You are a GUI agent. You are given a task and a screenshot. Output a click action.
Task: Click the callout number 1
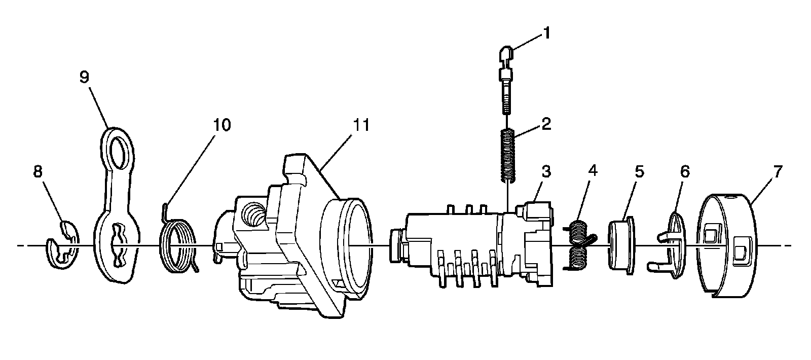click(x=546, y=33)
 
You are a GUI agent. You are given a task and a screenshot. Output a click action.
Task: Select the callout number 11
click(x=361, y=125)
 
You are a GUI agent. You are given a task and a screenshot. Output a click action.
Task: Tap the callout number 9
click(x=84, y=77)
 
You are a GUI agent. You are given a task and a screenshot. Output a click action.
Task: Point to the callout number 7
click(x=778, y=171)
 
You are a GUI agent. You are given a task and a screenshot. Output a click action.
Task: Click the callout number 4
click(x=592, y=171)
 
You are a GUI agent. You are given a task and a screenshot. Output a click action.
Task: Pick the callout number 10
click(x=221, y=125)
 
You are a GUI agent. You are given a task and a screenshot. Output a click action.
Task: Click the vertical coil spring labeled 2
click(x=508, y=155)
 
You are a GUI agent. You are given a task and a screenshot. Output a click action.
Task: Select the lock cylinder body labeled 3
click(x=471, y=243)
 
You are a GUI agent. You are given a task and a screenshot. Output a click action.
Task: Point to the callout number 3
click(x=545, y=171)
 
